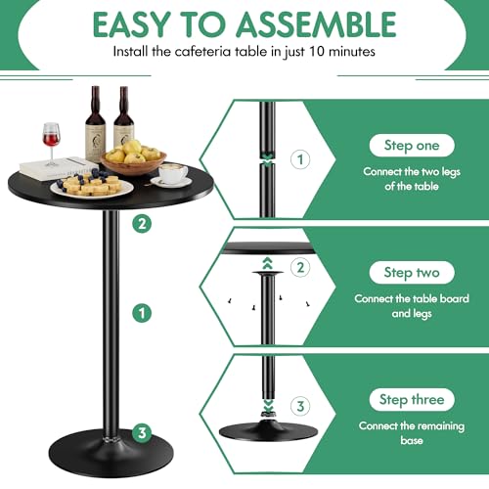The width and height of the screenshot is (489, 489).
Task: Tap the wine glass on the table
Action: coord(51,137)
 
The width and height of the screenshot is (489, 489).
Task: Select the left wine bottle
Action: coord(94,124)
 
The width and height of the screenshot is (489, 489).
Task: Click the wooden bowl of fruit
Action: coord(132,159)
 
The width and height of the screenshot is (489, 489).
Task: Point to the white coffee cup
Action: coord(174,173)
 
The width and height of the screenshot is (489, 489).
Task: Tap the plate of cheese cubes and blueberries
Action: coord(94,184)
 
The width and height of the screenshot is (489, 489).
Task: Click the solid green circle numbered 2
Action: coord(143,224)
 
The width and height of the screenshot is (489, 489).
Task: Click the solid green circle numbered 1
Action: coord(143,313)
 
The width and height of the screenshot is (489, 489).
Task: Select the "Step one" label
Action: coord(412,145)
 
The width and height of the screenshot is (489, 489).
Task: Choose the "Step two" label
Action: coord(412,273)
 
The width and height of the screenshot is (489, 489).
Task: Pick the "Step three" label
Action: coord(412,399)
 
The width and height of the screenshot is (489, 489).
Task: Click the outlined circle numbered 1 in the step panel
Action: coord(299,157)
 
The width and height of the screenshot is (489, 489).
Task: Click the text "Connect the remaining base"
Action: coord(412,434)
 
